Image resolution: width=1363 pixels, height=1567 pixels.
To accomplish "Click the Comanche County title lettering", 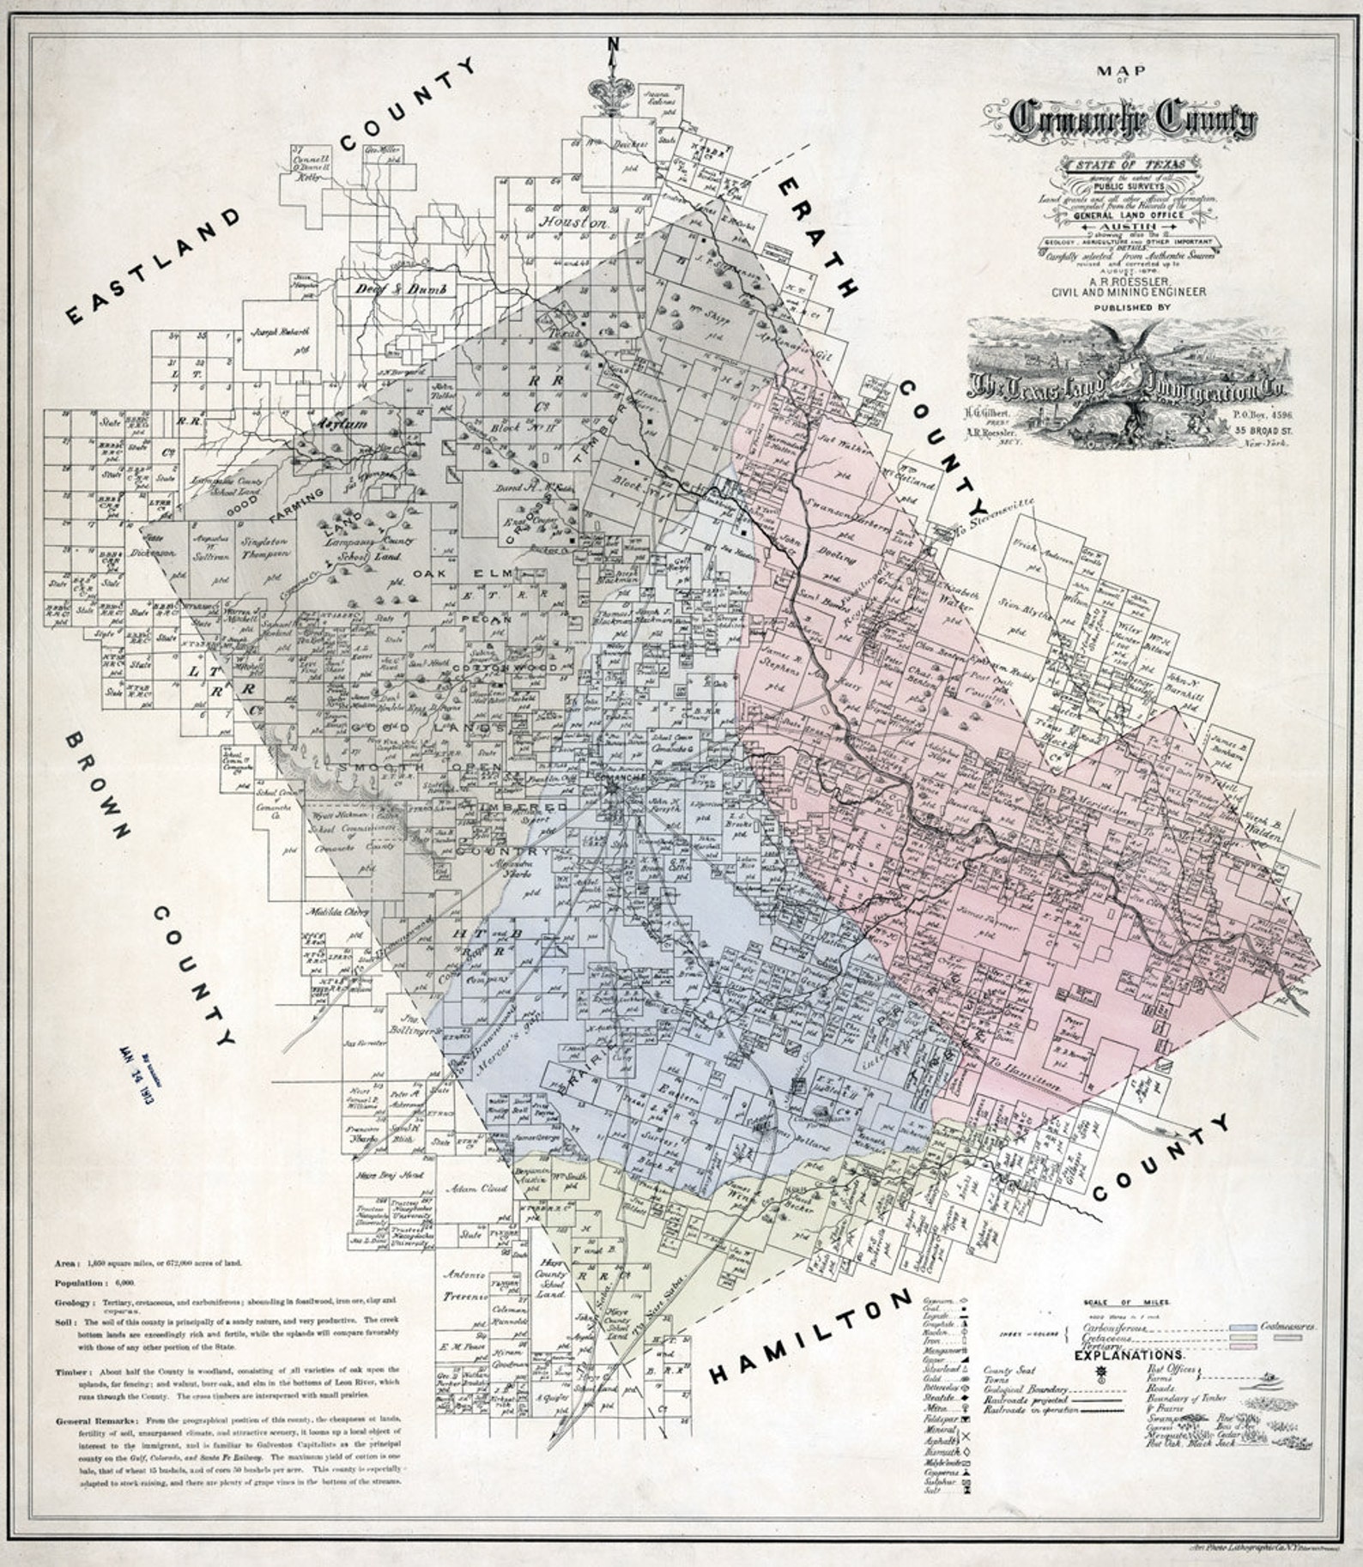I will coord(1132,121).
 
